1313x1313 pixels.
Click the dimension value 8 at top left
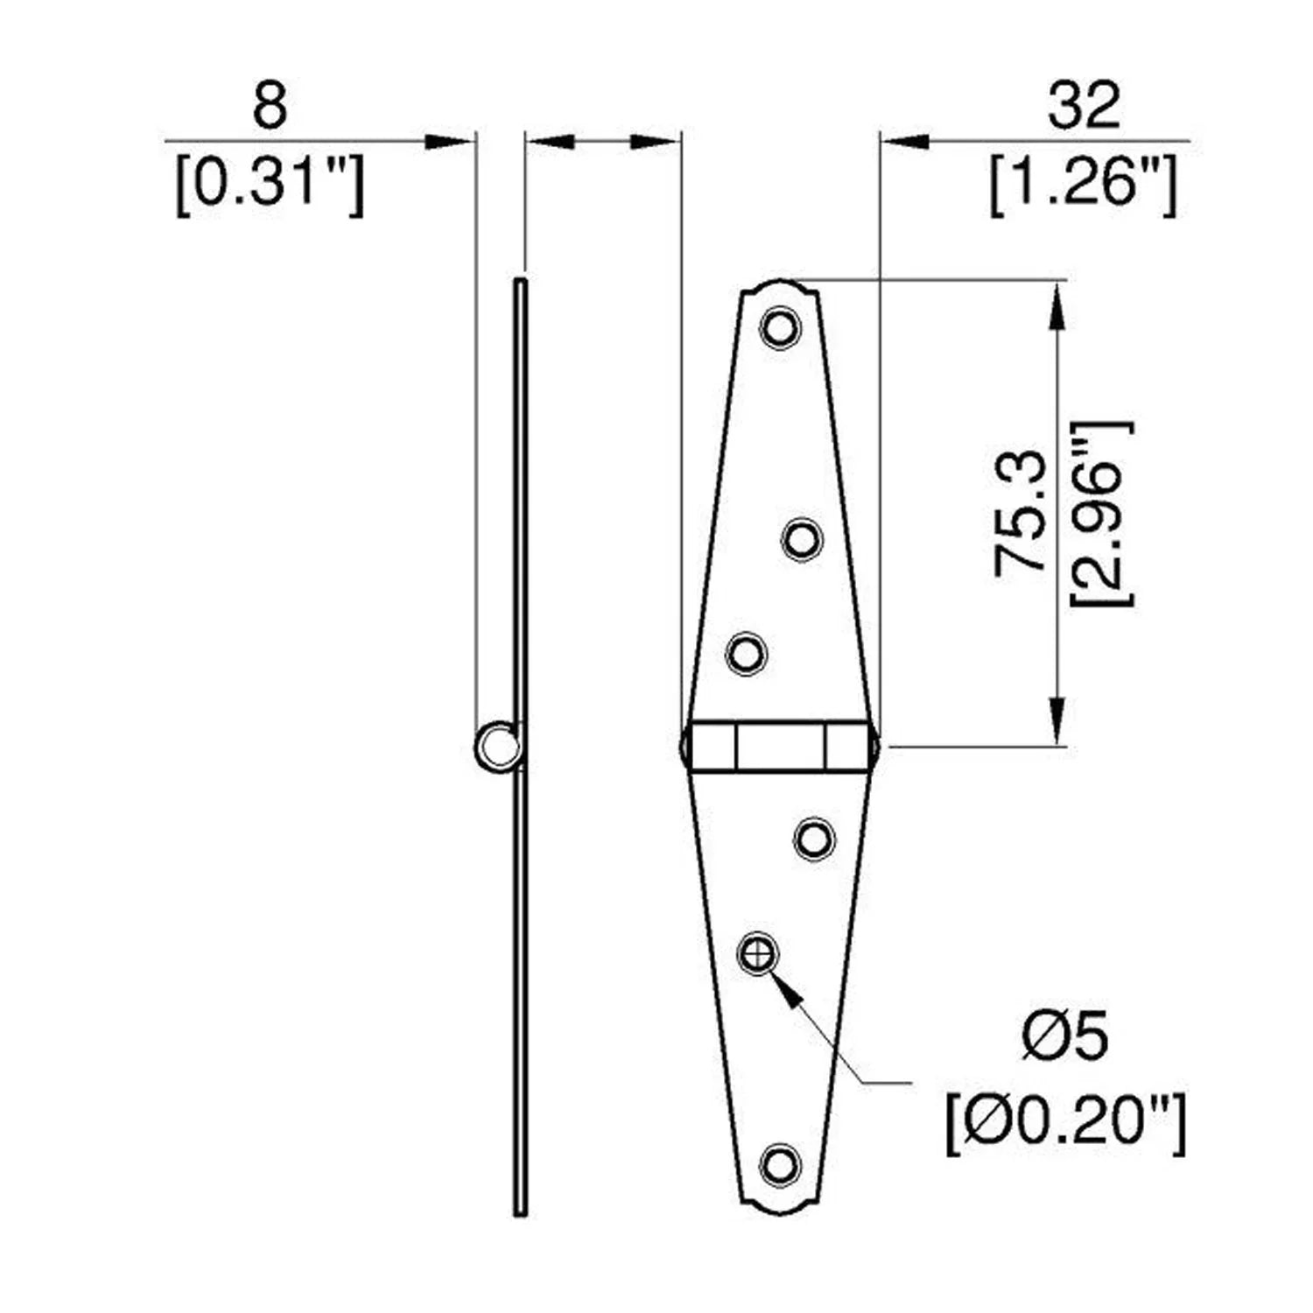pyautogui.click(x=270, y=107)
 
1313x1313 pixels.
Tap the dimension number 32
pyautogui.click(x=1084, y=107)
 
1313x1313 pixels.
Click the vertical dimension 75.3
pyautogui.click(x=1021, y=513)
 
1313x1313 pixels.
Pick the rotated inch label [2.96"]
pyautogui.click(x=1100, y=513)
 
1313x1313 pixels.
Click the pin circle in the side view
pyautogui.click(x=497, y=747)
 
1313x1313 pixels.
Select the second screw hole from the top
pyautogui.click(x=801, y=538)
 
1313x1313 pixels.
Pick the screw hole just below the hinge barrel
pyautogui.click(x=814, y=839)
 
